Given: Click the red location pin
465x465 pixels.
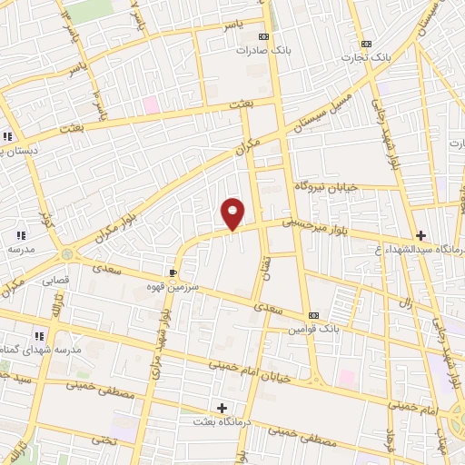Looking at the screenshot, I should click(233, 212).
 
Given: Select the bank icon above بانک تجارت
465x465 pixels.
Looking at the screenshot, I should click(366, 44).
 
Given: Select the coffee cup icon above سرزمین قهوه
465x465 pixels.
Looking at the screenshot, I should click(173, 272).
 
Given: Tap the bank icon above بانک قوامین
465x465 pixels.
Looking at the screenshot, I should click(314, 316).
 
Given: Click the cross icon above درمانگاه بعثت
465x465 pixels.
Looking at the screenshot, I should click(222, 408).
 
